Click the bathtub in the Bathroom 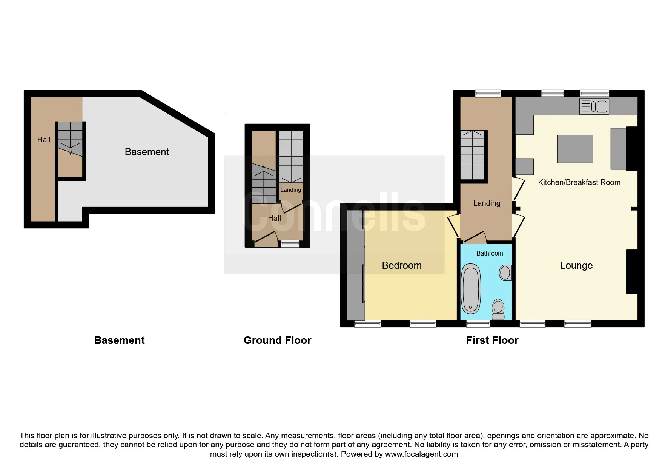tap(471, 289)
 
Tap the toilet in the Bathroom tap(498, 309)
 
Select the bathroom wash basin tap(505, 272)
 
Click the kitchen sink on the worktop tap(594, 106)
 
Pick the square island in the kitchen tap(575, 149)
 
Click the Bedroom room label tap(402, 265)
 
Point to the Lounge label tap(576, 265)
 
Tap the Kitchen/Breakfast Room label tap(579, 182)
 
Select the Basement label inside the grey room tap(147, 152)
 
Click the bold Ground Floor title tap(277, 340)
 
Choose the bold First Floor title tap(492, 340)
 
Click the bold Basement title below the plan tap(119, 340)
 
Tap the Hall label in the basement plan tap(44, 140)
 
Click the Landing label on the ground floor tap(291, 190)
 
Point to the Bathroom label tap(490, 253)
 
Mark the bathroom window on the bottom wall tap(478, 323)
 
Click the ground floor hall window tap(290, 244)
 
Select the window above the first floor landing tap(488, 93)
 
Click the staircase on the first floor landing tap(473, 155)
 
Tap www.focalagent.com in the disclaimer tap(421, 454)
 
